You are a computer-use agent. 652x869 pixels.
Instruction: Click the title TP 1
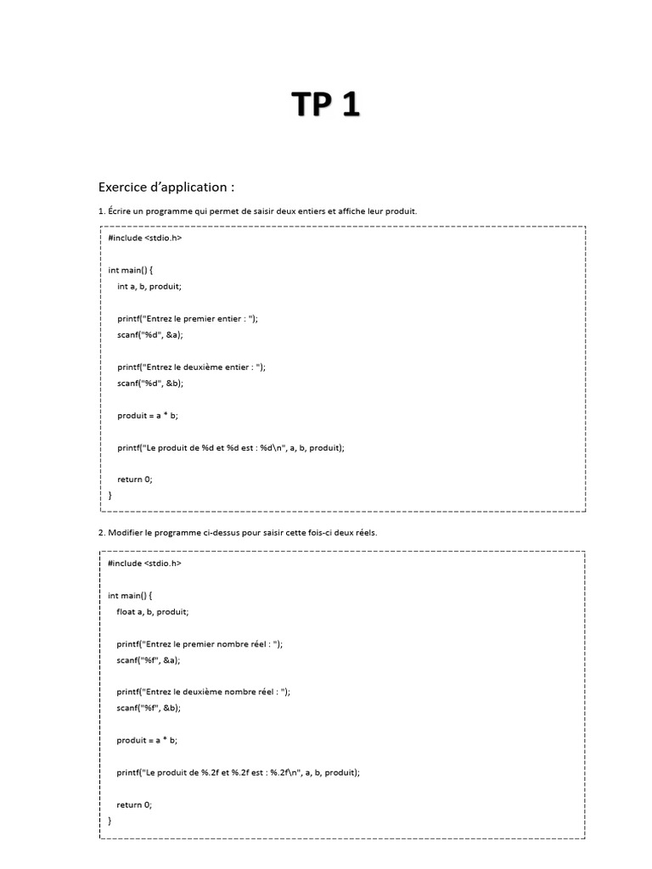point(326,104)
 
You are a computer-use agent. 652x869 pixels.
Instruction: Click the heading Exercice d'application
point(166,187)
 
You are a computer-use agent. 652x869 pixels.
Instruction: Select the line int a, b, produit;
point(149,286)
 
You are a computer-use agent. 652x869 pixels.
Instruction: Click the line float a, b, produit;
point(153,611)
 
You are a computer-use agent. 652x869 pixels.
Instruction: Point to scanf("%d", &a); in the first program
point(150,334)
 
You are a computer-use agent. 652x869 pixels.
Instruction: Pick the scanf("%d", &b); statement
point(150,383)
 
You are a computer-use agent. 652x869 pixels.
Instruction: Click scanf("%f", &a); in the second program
point(149,659)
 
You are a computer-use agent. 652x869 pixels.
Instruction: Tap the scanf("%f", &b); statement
point(149,708)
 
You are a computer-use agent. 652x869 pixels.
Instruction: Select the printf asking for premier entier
point(188,318)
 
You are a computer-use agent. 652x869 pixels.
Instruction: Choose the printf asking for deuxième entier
point(192,367)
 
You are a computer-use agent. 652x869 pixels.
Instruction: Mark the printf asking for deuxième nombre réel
point(204,692)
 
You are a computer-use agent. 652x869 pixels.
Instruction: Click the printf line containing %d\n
point(232,447)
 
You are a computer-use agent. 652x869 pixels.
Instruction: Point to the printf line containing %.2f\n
point(239,772)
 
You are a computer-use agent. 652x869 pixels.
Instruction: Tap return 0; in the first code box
point(135,479)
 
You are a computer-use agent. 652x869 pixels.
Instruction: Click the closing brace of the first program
point(110,495)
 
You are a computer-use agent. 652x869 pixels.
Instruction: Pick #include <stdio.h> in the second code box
point(144,563)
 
